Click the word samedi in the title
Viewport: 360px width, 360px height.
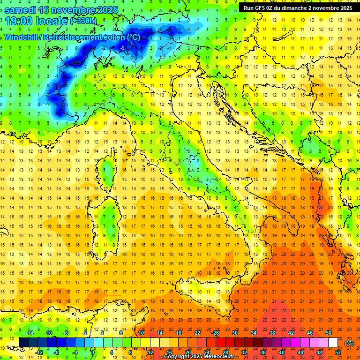tap(21, 10)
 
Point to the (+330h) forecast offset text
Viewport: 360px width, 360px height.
tap(83, 21)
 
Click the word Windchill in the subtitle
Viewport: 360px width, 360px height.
tap(21, 37)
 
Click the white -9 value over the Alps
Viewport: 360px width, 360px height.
tap(122, 48)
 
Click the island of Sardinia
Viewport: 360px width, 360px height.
tap(108, 220)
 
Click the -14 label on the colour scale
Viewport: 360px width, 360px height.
tap(30, 332)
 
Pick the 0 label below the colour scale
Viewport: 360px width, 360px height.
tap(93, 352)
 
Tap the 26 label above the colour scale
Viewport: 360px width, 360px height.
tap(216, 332)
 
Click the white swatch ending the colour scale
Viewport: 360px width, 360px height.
tap(333, 342)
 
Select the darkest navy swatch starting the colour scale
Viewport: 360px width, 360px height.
tap(23, 342)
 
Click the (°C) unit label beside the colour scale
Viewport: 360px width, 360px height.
tap(349, 343)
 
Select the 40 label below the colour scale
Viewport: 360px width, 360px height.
tap(281, 352)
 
